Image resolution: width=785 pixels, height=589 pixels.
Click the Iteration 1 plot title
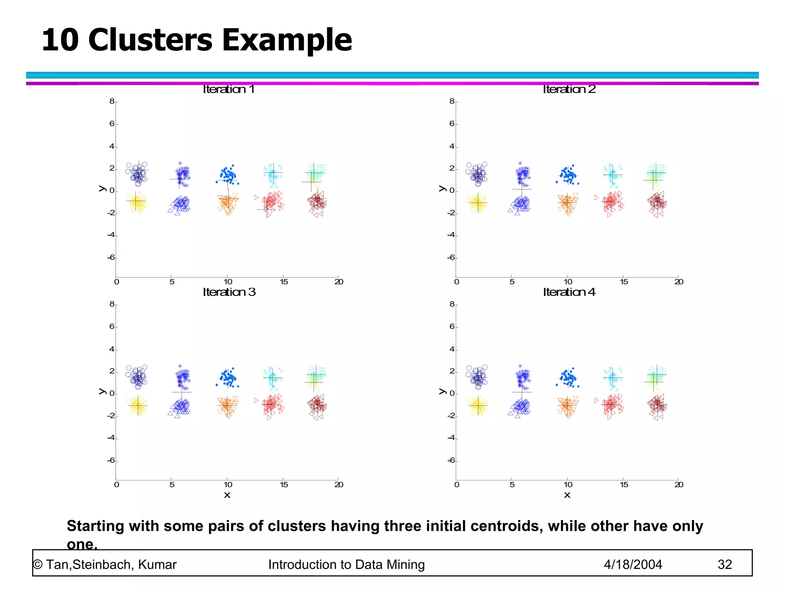[x=228, y=89]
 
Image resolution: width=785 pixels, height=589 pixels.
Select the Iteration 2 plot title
[x=569, y=89]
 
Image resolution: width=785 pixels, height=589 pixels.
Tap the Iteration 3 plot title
[x=229, y=292]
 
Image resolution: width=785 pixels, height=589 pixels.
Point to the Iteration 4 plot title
[x=569, y=292]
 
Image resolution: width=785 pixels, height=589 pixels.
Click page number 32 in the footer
[x=724, y=564]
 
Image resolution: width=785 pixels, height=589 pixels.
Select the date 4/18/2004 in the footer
[x=633, y=564]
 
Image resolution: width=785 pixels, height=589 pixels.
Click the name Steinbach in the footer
[x=103, y=564]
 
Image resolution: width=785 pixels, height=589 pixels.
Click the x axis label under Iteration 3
[x=227, y=495]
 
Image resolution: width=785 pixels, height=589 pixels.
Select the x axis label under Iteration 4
[x=567, y=495]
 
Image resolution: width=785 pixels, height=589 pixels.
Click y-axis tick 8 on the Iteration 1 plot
[x=112, y=101]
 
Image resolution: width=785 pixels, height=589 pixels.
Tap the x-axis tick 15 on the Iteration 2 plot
[x=624, y=282]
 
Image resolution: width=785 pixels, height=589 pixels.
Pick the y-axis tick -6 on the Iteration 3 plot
[x=111, y=460]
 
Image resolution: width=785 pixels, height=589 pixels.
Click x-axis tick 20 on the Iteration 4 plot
[x=679, y=485]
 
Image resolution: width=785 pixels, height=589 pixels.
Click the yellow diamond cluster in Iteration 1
[x=137, y=202]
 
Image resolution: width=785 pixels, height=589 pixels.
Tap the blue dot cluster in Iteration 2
[x=568, y=176]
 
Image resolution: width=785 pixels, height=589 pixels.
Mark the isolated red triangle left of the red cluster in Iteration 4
[x=596, y=400]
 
